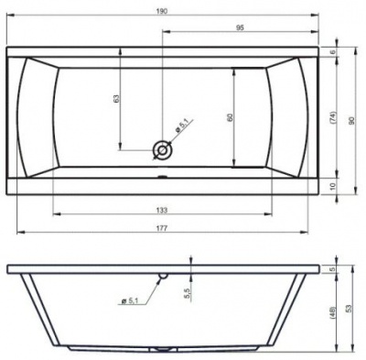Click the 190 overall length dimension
[163, 11]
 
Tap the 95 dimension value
[240, 27]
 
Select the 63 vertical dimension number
[116, 98]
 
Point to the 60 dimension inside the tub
[230, 117]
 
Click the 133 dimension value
[162, 210]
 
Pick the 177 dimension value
[162, 228]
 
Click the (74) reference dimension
[333, 117]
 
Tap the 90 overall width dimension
[351, 121]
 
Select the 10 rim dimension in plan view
[333, 186]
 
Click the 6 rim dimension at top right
[333, 51]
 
